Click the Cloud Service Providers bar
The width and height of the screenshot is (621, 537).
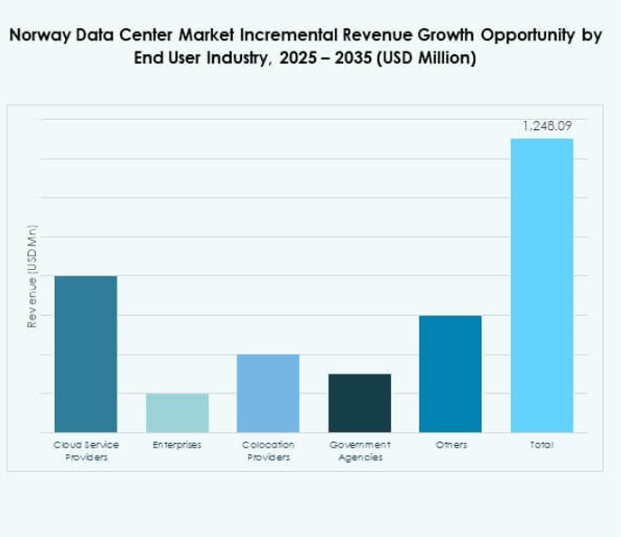86,354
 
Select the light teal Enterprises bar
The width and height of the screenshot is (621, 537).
177,412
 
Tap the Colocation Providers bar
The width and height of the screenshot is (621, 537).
268,393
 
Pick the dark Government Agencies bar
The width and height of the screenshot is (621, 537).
359,403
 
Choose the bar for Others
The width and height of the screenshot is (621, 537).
450,374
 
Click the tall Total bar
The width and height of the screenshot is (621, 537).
542,285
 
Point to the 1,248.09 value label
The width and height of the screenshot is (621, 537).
547,125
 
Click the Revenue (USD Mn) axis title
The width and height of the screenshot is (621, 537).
32,276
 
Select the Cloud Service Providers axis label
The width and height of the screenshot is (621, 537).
86,451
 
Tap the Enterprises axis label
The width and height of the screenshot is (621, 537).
177,446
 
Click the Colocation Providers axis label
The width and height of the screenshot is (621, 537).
268,451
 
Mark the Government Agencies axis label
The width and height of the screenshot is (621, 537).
359,451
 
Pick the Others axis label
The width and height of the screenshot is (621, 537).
450,446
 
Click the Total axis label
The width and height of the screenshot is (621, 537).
542,446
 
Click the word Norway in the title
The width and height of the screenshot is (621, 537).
39,36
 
